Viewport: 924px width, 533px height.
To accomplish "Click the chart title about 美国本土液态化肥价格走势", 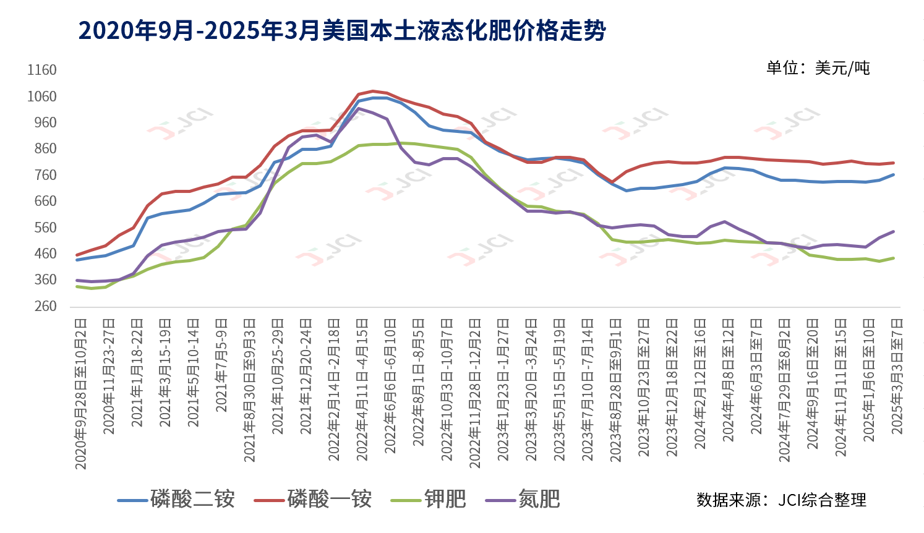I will [x=342, y=30].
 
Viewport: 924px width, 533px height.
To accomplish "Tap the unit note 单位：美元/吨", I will [x=818, y=68].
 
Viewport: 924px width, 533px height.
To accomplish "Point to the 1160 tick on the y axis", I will [x=42, y=70].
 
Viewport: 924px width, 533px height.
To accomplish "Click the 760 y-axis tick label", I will [x=45, y=175].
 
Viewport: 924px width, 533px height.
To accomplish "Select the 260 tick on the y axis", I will [x=45, y=306].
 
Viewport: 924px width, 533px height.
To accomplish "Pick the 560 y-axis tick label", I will [x=45, y=228].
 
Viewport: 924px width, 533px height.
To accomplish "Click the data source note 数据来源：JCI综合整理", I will [x=781, y=500].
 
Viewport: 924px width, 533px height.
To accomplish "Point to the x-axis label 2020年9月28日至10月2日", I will [x=81, y=393].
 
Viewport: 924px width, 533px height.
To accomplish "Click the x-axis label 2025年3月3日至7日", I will [x=897, y=376].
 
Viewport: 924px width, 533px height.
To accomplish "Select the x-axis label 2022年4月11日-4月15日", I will [x=362, y=390].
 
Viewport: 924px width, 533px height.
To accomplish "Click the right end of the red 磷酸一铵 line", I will [x=894, y=163].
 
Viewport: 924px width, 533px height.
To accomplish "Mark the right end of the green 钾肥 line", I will [x=894, y=258].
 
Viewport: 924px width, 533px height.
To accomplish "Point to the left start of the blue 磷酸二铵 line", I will [x=77, y=260].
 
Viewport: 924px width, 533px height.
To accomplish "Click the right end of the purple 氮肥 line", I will [x=894, y=231].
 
